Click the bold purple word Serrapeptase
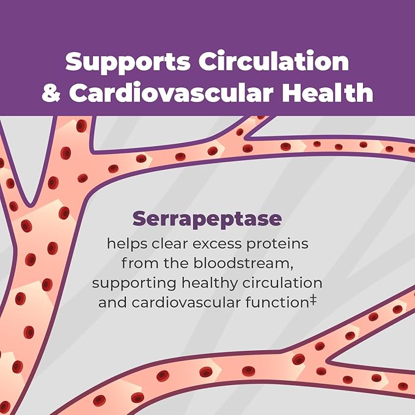tap(207, 218)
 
